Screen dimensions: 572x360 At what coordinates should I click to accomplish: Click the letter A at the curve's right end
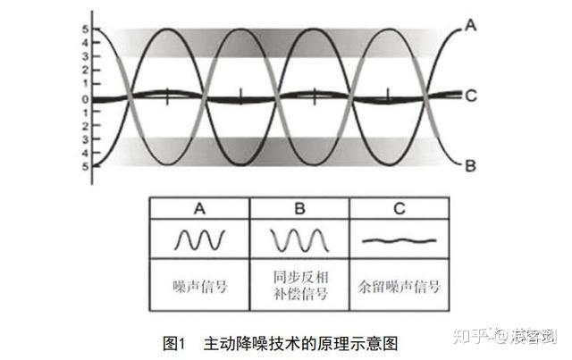click(472, 26)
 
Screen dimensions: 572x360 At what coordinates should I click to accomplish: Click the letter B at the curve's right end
click(472, 164)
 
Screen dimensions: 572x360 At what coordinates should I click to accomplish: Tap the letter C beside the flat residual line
click(472, 95)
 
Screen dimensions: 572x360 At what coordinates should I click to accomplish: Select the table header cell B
click(299, 209)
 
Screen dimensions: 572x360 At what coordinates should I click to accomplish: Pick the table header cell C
click(400, 209)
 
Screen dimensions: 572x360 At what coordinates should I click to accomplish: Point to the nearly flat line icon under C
click(400, 240)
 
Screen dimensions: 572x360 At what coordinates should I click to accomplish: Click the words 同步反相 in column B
click(299, 279)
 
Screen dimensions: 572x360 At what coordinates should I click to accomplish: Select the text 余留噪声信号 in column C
click(400, 288)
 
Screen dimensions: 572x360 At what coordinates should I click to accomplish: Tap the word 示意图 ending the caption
click(375, 342)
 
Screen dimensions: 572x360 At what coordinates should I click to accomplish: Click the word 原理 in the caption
click(337, 342)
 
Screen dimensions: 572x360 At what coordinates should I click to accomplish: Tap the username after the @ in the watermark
click(534, 337)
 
